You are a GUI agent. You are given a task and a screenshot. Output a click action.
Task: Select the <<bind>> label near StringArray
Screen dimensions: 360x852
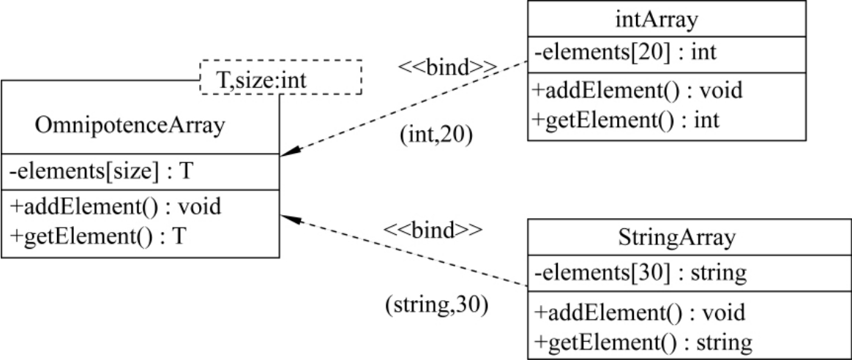tap(435, 230)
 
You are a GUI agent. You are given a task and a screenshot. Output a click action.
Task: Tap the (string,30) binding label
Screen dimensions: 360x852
tap(437, 303)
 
